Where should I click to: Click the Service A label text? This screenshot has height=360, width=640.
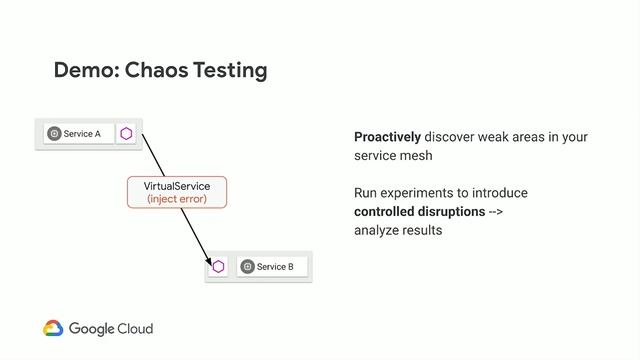82,134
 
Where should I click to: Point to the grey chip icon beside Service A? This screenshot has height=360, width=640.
54,134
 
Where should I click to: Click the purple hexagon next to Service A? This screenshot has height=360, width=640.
126,134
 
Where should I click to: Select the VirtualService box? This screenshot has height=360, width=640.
177,192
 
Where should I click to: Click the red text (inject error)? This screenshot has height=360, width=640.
177,199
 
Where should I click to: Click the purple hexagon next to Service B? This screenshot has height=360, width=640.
218,266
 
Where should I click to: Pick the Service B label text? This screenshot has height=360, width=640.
275,267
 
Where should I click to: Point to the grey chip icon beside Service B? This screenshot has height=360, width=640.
247,267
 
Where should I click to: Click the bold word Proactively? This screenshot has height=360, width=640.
387,137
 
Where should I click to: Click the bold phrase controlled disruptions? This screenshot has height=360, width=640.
419,212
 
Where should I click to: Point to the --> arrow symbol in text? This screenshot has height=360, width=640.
495,212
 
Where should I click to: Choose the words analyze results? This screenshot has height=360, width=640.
397,230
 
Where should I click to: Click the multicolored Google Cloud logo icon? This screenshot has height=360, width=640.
53,328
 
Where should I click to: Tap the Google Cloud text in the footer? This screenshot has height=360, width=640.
111,328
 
